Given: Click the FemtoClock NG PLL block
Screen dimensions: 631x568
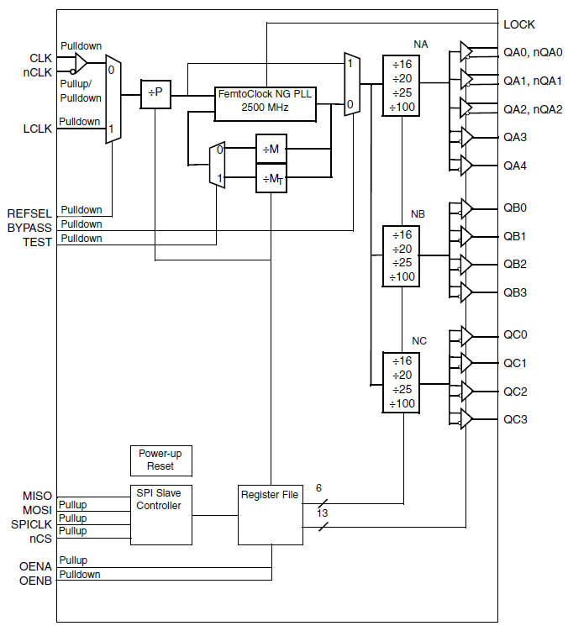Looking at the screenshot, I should pos(265,101).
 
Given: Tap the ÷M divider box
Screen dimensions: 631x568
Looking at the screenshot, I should pos(271,149).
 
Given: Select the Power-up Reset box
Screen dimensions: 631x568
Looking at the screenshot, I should pos(160,460).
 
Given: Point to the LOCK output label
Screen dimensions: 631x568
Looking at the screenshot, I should pos(518,24).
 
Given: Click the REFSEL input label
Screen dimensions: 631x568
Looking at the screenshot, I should pos(30,213).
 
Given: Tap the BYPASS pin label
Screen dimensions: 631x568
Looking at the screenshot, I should pos(30,228).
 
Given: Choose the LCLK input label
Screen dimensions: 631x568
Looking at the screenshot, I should pos(37,128).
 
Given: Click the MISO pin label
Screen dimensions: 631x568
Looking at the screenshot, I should pos(37,496).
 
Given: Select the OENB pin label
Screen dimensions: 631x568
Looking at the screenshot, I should pos(35,580).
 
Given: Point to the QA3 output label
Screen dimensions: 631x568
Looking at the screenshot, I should pos(515,137).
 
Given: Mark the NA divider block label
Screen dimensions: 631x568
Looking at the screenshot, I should pos(420,44).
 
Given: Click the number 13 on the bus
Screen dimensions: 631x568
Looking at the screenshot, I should pos(322,513).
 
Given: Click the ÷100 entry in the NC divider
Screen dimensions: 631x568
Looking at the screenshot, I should pos(402,404).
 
